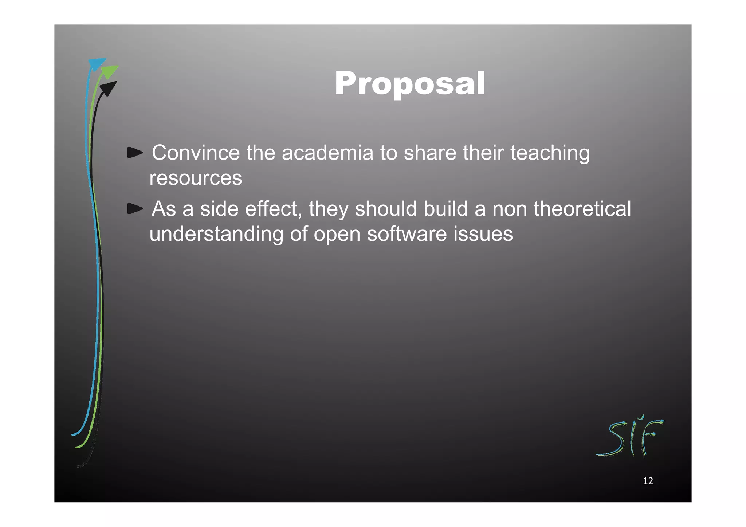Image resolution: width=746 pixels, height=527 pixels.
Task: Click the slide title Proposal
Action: pos(410,84)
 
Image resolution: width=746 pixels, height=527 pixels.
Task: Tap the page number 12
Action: pos(648,481)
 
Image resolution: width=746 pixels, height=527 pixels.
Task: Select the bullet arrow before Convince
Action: pos(135,153)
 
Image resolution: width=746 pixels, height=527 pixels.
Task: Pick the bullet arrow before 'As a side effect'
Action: pos(135,209)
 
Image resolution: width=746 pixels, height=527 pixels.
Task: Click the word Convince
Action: pos(196,153)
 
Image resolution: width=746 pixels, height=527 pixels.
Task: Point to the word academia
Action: pos(327,153)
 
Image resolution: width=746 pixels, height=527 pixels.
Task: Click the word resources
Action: pos(196,178)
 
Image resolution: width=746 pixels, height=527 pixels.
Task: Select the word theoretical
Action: pos(582,209)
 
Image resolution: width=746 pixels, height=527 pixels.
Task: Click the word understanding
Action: pos(216,234)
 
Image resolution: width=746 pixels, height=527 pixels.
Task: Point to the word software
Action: pos(407,234)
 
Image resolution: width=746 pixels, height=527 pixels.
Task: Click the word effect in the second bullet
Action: pos(273,209)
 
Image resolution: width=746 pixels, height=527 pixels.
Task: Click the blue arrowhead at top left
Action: pos(97,64)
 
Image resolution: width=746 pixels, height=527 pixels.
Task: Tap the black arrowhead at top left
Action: pos(108,88)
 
